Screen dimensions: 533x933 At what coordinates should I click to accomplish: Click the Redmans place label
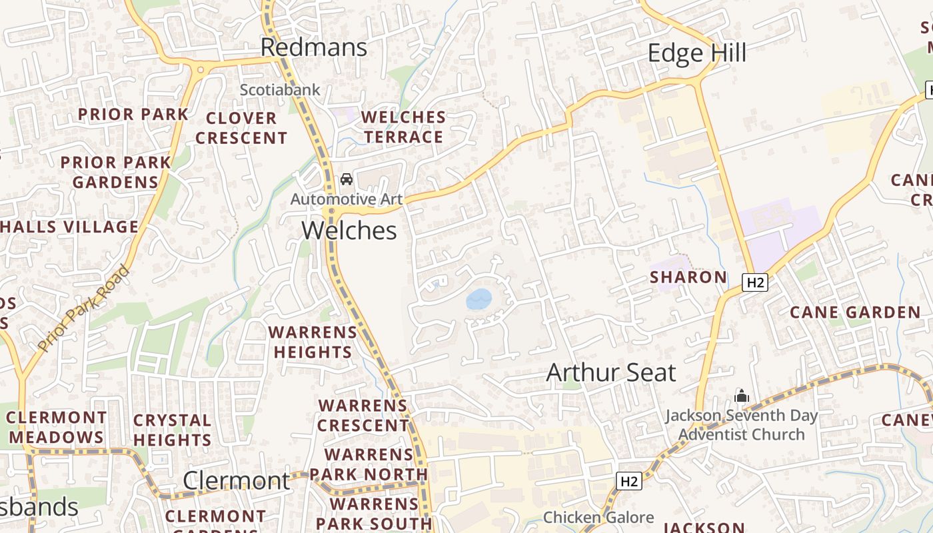(313, 47)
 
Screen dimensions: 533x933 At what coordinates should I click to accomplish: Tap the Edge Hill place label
(696, 53)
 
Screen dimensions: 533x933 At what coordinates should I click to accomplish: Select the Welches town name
(349, 231)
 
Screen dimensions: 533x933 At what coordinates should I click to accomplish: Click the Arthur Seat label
(611, 372)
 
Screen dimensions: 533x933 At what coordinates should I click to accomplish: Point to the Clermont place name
(237, 480)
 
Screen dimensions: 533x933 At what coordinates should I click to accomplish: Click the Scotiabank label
(280, 89)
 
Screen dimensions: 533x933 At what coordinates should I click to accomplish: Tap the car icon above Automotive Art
(347, 179)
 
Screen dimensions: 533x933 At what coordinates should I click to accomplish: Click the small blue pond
(478, 299)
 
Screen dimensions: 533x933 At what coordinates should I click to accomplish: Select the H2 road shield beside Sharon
(755, 282)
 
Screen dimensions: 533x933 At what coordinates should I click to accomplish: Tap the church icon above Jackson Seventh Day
(742, 396)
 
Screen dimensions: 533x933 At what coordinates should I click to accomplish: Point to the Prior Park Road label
(83, 308)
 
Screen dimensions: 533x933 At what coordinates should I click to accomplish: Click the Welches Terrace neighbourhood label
(403, 127)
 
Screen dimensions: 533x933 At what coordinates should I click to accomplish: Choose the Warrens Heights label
(313, 342)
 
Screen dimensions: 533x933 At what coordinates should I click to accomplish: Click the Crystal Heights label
(172, 430)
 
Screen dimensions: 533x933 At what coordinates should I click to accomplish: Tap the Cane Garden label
(855, 312)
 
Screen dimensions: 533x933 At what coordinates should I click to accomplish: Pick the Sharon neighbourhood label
(688, 277)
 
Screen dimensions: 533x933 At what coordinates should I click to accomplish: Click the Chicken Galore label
(598, 518)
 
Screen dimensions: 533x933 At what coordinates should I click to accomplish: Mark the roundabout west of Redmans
(200, 69)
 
